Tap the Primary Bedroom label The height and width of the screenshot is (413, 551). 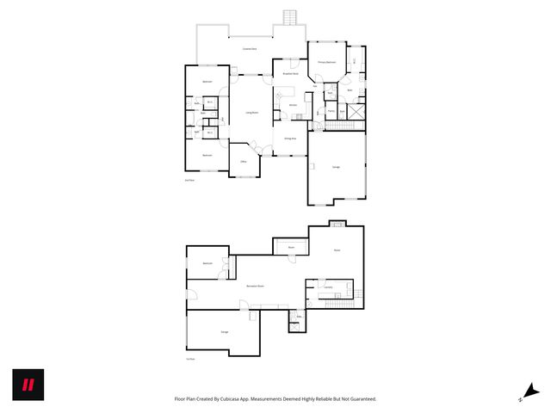pos(326,63)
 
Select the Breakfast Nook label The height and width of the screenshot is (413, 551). pos(291,74)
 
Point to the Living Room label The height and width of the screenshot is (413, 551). pos(253,112)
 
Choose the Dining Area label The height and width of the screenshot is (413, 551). pos(290,138)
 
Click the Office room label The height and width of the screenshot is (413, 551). pos(242,161)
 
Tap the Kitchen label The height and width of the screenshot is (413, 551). pos(293,105)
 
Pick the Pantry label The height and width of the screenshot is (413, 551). pos(331,111)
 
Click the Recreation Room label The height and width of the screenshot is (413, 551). pos(254,286)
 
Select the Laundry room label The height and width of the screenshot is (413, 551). pos(328,287)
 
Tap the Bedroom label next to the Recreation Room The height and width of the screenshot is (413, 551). pos(207,263)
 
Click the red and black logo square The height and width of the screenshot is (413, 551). pos(28,384)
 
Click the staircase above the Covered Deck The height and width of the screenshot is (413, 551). pos(290,17)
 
